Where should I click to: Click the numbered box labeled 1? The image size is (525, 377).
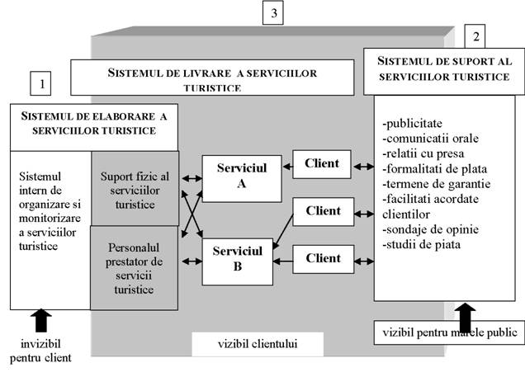pos(40,83)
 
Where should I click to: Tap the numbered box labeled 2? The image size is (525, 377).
pos(475,36)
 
